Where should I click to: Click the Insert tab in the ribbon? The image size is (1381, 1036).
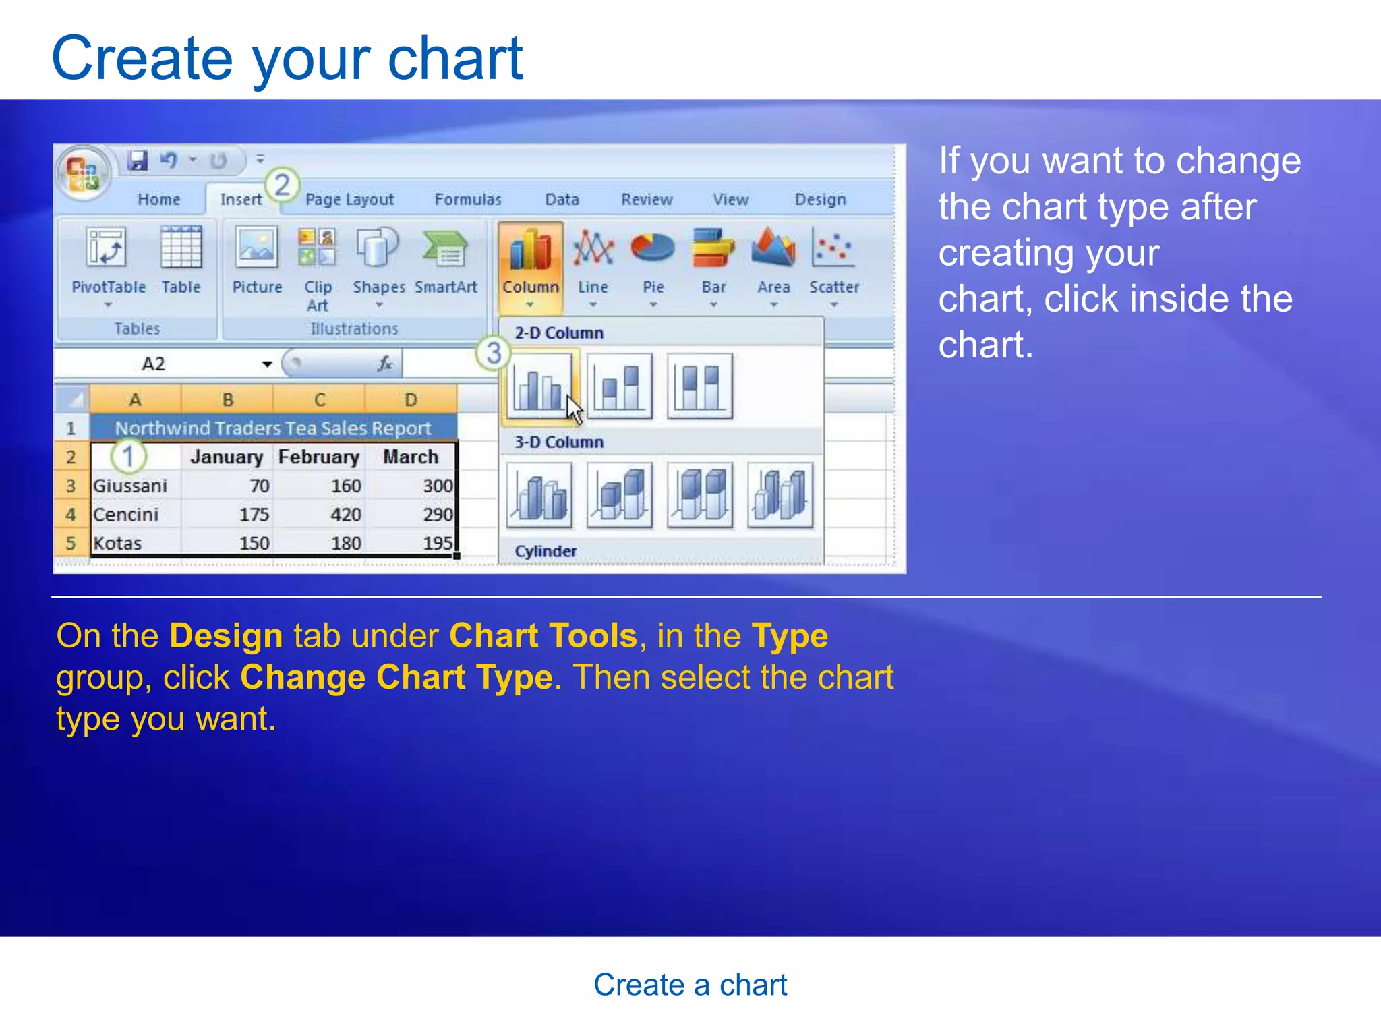click(x=241, y=200)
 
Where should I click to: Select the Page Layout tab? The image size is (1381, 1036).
click(x=349, y=200)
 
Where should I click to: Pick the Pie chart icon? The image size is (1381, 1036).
click(x=652, y=263)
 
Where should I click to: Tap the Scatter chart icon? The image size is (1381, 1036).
click(x=833, y=263)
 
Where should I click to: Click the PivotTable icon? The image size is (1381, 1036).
click(x=108, y=263)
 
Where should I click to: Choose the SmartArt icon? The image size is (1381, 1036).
click(x=445, y=263)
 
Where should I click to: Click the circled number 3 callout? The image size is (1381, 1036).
click(x=494, y=353)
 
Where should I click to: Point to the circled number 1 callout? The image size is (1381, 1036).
click(x=128, y=457)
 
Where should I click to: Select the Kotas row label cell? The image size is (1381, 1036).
click(x=135, y=544)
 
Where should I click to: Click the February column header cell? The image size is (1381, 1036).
click(x=318, y=457)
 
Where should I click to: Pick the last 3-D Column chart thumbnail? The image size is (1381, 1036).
click(x=780, y=495)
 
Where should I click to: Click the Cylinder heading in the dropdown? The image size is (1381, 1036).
click(x=546, y=551)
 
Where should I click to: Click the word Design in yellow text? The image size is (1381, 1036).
click(x=226, y=635)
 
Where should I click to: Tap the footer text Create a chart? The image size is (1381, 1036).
click(x=690, y=985)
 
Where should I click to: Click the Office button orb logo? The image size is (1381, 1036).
click(x=83, y=173)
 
